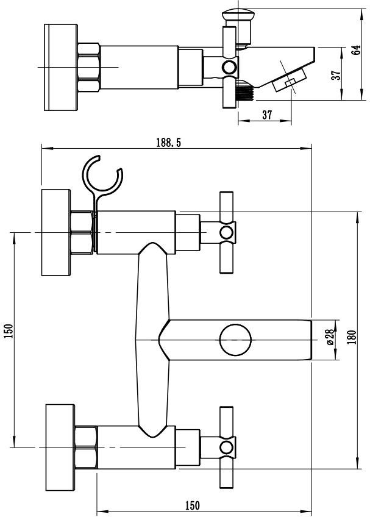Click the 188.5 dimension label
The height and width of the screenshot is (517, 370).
[x=168, y=143]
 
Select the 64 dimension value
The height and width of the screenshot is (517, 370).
[x=356, y=50]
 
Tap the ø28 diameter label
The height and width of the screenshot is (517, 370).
[x=330, y=338]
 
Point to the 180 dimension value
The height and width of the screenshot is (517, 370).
[x=352, y=337]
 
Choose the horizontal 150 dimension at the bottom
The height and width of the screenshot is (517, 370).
[x=192, y=505]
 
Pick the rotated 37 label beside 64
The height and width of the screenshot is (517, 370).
[x=336, y=75]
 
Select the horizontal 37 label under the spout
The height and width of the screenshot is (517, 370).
[x=267, y=115]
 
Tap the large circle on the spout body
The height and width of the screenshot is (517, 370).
[x=235, y=340]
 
